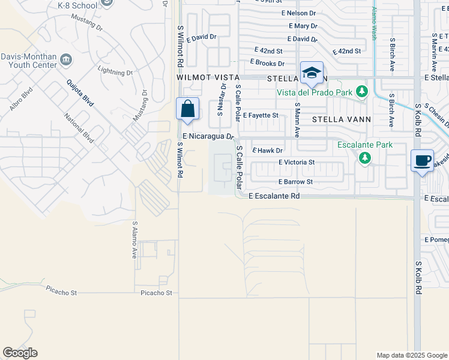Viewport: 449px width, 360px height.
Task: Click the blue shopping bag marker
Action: pos(187,109)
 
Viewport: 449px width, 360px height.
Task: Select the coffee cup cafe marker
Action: pos(422,160)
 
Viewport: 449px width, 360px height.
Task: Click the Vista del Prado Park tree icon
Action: pos(361,92)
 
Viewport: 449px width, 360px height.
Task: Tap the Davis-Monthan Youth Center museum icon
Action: pos(66,60)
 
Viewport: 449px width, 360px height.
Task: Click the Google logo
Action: pos(20,353)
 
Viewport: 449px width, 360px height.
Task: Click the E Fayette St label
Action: pos(261,115)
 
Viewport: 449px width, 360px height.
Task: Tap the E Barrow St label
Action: pos(295,182)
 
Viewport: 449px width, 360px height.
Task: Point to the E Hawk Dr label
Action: pos(267,151)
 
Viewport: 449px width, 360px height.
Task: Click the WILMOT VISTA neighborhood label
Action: pos(208,78)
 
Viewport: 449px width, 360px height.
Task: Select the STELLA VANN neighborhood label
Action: pos(342,119)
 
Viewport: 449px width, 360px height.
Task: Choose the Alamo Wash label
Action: pos(374,23)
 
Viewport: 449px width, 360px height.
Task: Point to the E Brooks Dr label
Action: pos(267,64)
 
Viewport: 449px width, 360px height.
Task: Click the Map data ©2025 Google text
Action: pos(411,355)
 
